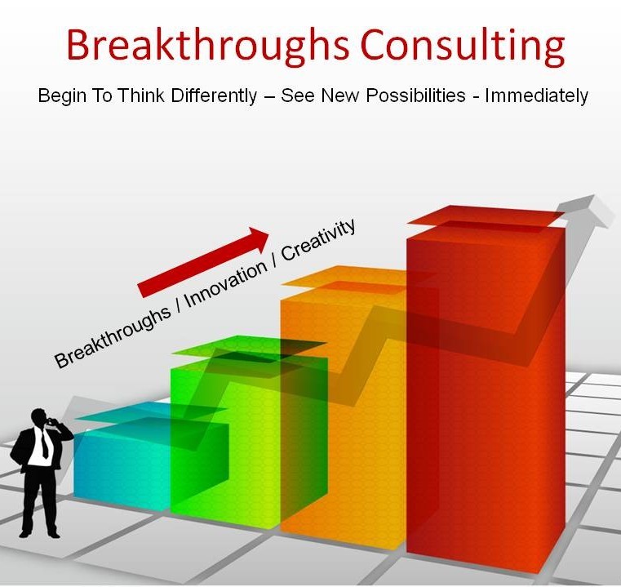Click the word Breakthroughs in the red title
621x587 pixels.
[x=207, y=46]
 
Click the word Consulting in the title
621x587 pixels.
[x=463, y=46]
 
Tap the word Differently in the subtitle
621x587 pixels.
[x=214, y=96]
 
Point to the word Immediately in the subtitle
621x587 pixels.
[x=536, y=96]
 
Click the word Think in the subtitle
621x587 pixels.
[x=140, y=96]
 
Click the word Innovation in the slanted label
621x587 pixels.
[x=225, y=284]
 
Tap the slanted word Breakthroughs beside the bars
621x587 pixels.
[x=113, y=338]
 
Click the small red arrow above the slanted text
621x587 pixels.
[x=203, y=262]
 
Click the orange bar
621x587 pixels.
[x=344, y=416]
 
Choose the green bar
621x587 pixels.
[x=226, y=440]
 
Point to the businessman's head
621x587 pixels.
[x=40, y=417]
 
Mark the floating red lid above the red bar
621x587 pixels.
[x=486, y=217]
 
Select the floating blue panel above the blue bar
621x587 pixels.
[x=150, y=412]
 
